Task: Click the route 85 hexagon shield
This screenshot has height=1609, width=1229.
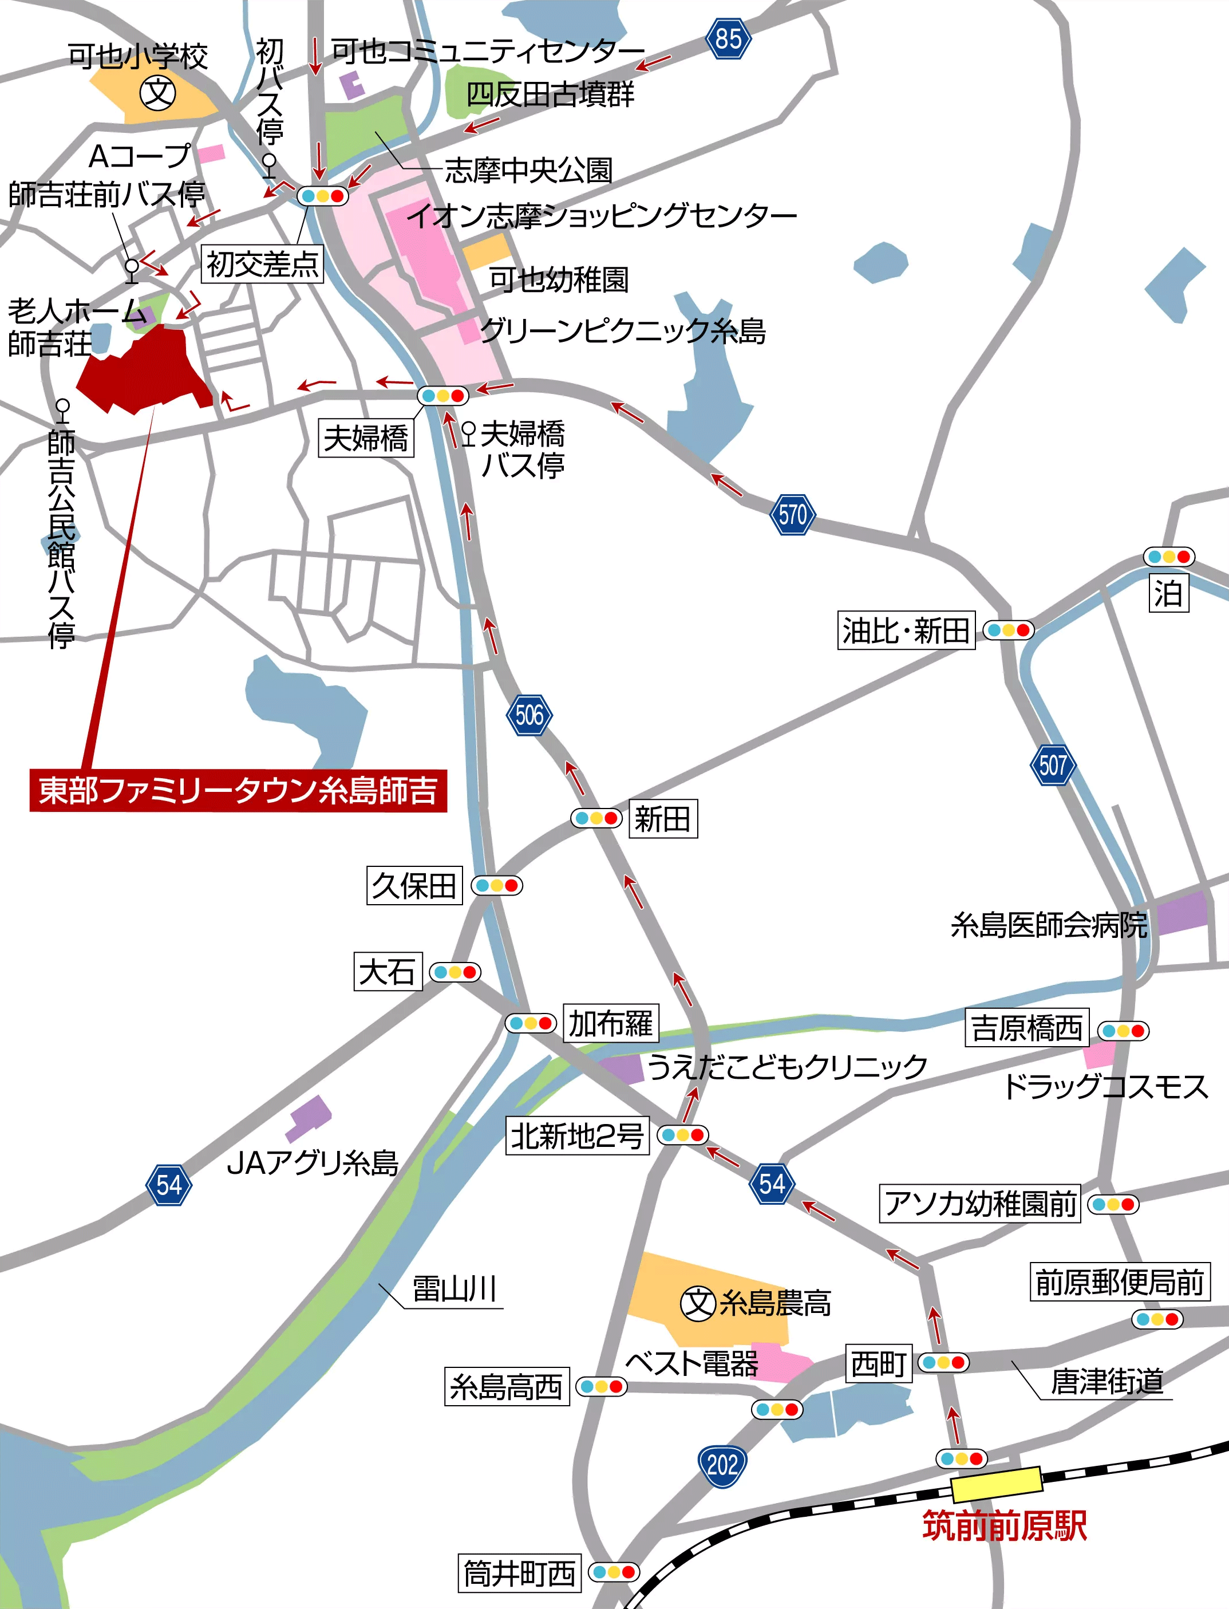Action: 728,39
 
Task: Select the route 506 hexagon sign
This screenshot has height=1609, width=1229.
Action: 529,715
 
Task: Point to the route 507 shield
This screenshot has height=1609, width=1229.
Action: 1053,766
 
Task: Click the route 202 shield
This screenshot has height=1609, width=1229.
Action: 723,1465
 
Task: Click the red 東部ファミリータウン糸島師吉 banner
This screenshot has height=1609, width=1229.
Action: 238,791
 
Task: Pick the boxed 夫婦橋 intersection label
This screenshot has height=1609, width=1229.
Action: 366,438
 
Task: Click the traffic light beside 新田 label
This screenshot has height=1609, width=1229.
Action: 596,818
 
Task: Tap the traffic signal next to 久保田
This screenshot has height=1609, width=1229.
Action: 497,886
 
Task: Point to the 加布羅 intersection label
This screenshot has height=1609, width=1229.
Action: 610,1024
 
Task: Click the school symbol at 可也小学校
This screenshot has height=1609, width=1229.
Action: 158,92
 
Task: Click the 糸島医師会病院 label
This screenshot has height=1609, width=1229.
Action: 1048,925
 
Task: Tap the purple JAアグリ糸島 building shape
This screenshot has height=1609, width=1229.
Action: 310,1117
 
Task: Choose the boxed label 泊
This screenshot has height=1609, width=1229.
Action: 1168,593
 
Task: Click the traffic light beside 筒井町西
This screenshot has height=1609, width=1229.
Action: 614,1572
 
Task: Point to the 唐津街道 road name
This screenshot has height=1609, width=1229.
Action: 1106,1382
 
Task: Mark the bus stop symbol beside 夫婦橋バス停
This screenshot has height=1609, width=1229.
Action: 469,432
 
